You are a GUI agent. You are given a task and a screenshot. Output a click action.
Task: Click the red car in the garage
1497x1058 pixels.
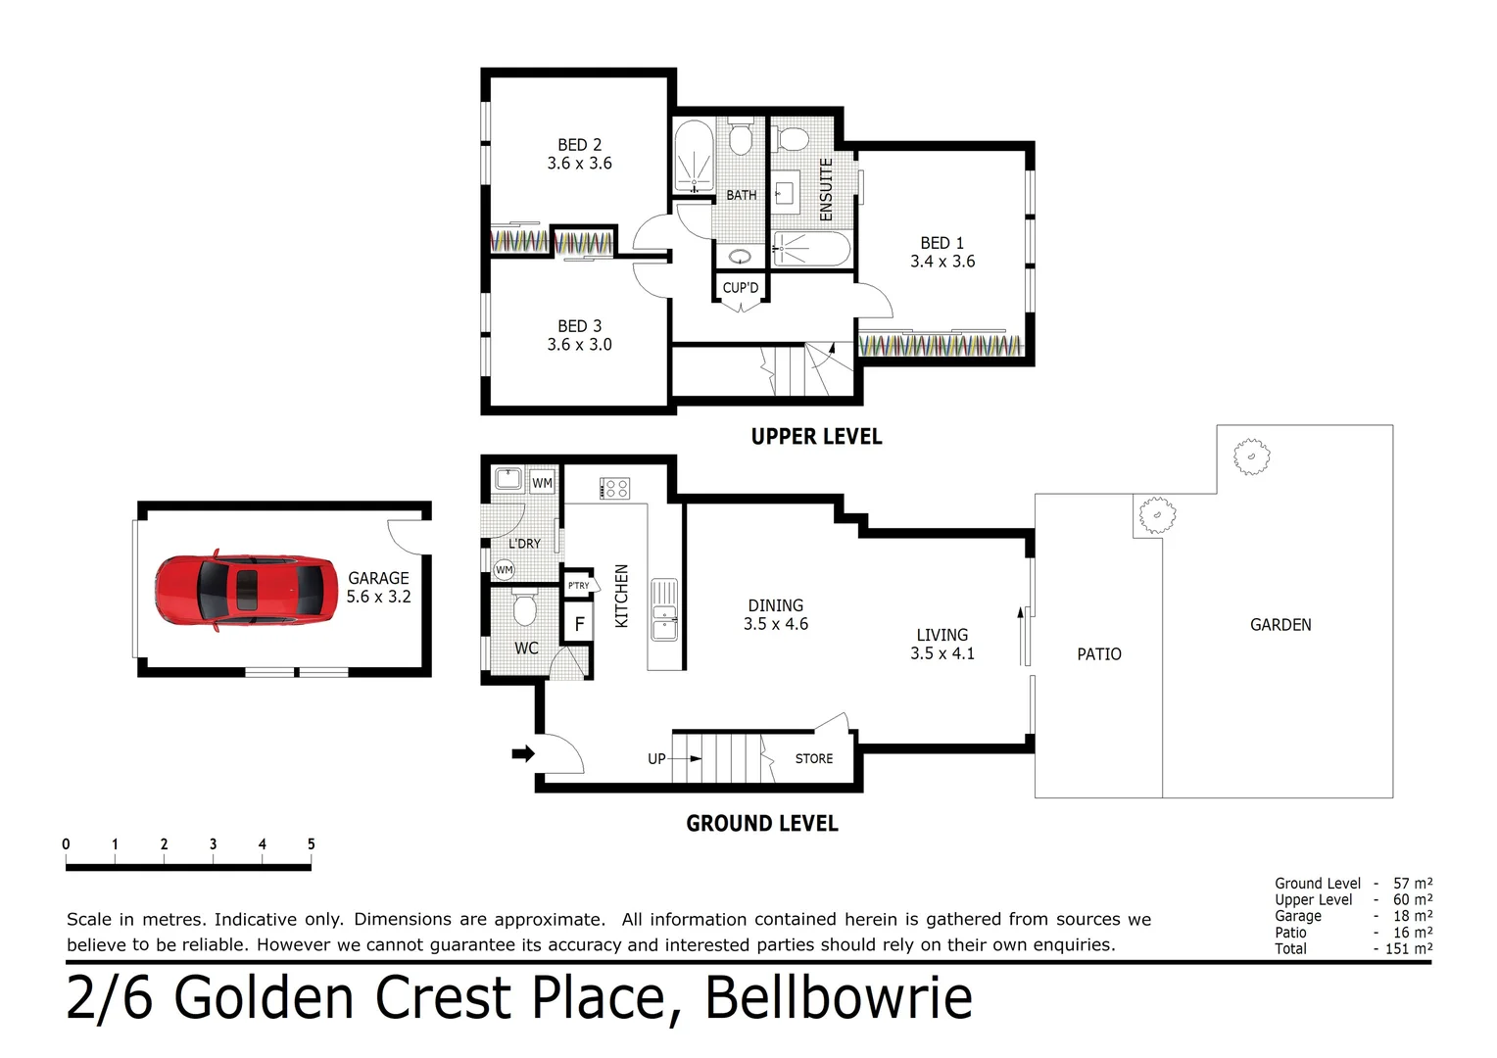[246, 589]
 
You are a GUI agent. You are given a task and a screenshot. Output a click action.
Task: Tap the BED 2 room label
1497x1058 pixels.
[579, 145]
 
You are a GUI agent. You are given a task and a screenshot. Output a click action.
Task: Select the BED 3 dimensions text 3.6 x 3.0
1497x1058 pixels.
[579, 345]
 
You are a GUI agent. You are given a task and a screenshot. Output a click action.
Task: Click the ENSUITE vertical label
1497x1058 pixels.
[826, 189]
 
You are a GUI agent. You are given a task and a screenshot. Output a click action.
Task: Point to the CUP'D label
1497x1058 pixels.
[740, 288]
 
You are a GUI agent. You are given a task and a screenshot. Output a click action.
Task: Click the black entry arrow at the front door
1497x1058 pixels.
[523, 753]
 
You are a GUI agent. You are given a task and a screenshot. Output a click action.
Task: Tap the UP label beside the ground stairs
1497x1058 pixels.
[656, 758]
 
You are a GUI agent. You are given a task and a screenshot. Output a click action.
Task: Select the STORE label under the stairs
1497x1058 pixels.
[813, 758]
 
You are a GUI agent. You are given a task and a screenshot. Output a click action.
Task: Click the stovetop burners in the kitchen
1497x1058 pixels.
[615, 488]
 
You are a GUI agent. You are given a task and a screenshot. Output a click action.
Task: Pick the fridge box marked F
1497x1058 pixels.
[579, 623]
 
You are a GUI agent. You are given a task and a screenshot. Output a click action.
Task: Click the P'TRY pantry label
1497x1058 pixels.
[578, 586]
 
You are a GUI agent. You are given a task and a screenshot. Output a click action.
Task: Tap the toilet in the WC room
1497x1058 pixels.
[525, 609]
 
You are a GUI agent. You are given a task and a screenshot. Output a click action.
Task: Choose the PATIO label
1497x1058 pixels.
[1098, 654]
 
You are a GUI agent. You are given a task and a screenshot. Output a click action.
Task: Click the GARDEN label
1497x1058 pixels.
[1280, 625]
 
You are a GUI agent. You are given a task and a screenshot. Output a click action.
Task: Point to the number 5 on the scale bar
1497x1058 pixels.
[311, 844]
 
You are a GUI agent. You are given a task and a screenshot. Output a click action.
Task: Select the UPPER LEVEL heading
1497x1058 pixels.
[816, 437]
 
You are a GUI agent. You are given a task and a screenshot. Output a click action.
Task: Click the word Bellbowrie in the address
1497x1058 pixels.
[838, 999]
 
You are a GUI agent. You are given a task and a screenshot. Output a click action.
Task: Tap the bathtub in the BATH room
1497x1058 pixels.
[694, 156]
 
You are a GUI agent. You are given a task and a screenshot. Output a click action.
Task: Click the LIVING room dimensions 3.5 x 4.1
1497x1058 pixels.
[942, 653]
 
